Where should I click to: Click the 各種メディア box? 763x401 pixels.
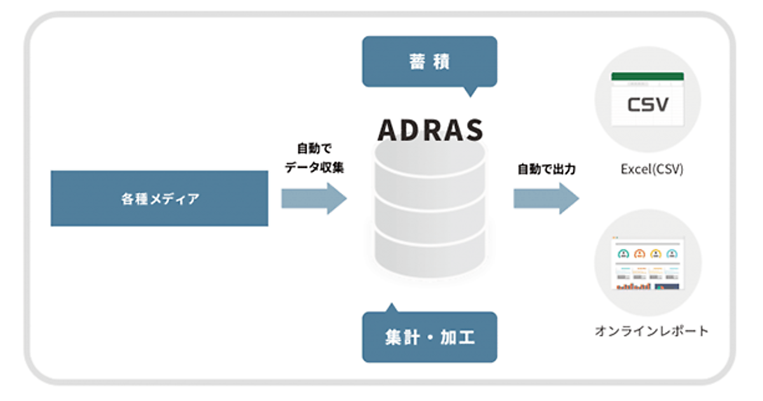(159, 198)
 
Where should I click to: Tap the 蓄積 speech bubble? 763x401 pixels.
(429, 61)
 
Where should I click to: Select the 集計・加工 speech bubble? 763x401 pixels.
(429, 337)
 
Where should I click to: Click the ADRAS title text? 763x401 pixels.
(430, 129)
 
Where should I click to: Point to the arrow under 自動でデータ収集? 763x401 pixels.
(314, 199)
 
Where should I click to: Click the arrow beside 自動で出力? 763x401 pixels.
(546, 199)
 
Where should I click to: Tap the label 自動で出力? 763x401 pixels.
(546, 170)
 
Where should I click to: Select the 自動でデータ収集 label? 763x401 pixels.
(314, 158)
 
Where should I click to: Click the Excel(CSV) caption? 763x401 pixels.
(652, 170)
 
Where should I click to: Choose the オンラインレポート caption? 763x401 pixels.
(651, 331)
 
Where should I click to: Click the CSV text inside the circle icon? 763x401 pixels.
(648, 104)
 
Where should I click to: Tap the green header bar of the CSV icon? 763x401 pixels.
(647, 76)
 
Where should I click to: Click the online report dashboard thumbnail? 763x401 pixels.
(648, 265)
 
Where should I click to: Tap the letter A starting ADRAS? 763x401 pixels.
(388, 130)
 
